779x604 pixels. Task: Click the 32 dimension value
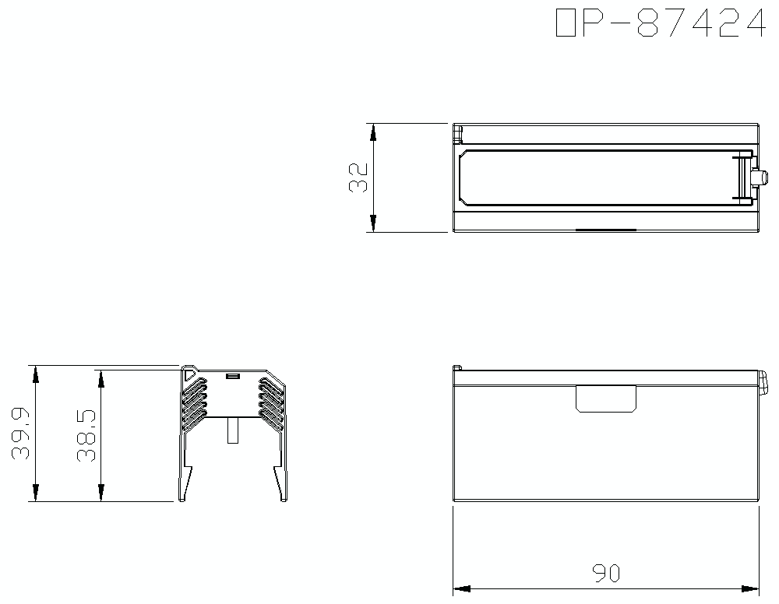pyautogui.click(x=359, y=177)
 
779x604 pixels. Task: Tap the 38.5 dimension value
pyautogui.click(x=88, y=436)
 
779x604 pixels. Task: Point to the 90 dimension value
pyautogui.click(x=605, y=574)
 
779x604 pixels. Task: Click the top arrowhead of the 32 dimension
pyautogui.click(x=374, y=132)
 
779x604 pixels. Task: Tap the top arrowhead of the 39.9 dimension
pyautogui.click(x=35, y=374)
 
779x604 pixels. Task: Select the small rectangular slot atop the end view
pyautogui.click(x=231, y=377)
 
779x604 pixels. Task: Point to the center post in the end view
pyautogui.click(x=231, y=430)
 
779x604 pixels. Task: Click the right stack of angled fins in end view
pyautogui.click(x=270, y=402)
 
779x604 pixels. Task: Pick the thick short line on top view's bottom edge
pyautogui.click(x=606, y=230)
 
